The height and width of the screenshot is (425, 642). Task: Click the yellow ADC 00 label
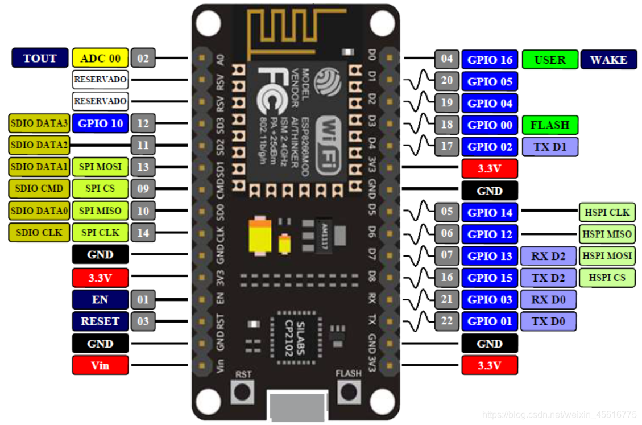point(101,58)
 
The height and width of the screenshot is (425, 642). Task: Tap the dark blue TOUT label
point(40,58)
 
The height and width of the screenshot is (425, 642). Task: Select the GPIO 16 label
point(490,60)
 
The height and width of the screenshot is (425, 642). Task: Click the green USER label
point(549,60)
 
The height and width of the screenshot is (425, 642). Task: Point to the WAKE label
point(608,60)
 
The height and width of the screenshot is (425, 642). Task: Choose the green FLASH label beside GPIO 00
point(549,125)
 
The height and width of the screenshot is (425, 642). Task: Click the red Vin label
point(100,365)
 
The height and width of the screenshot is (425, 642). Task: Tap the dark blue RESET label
point(100,321)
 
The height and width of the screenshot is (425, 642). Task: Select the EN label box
point(100,299)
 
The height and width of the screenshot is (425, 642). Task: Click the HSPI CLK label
point(607,212)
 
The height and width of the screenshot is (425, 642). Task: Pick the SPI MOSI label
point(100,167)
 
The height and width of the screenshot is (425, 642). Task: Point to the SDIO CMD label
point(39,188)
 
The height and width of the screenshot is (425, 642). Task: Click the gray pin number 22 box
point(447,321)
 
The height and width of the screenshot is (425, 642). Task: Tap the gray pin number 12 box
point(143,123)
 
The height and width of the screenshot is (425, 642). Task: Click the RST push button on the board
point(243,391)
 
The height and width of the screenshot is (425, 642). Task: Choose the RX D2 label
point(548,256)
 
